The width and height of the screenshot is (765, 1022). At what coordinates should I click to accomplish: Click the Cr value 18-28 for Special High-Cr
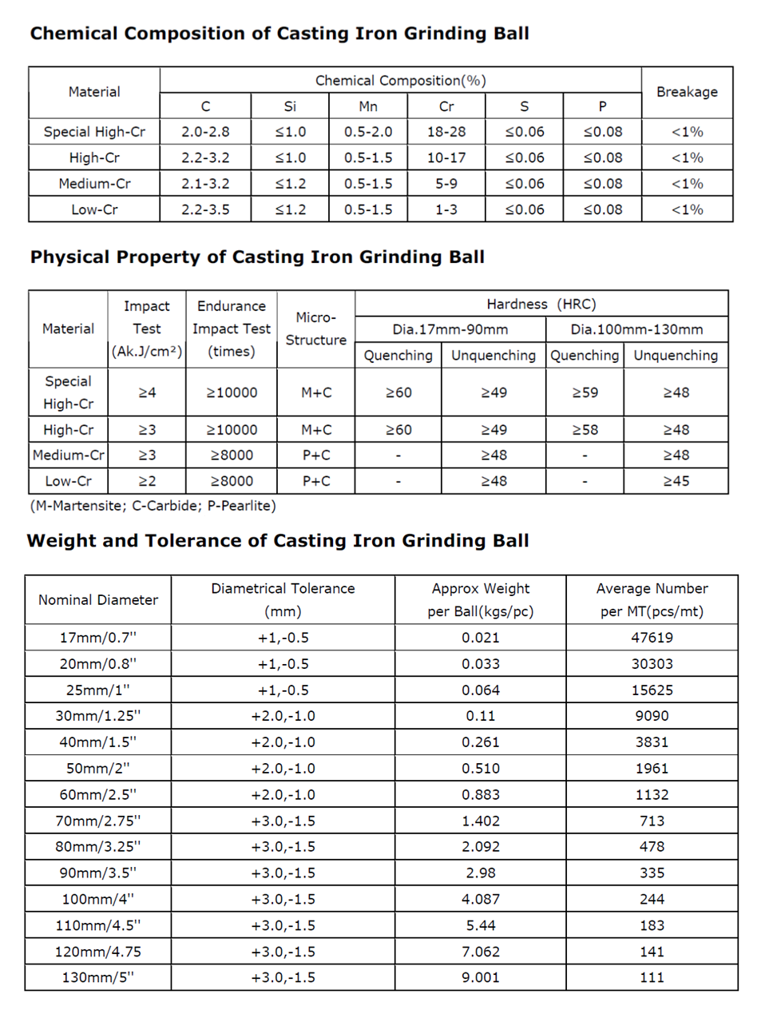[x=446, y=132]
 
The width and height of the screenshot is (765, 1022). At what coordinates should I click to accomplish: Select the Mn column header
[x=368, y=106]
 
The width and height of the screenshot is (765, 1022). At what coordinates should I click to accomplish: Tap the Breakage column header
[x=687, y=92]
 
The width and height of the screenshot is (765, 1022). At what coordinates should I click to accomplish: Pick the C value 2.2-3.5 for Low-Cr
[x=205, y=209]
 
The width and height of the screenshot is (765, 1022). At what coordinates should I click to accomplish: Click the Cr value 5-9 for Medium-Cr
[x=446, y=184]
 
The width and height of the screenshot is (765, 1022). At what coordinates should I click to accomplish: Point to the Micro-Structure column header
[x=316, y=328]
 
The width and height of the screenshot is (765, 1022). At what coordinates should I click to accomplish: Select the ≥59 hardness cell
[x=585, y=392]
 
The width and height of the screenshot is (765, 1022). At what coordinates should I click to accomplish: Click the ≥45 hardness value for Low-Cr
[x=676, y=481]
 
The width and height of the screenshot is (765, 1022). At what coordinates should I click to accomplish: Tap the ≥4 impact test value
[x=147, y=392]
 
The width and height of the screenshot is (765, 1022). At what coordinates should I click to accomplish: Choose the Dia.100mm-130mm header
[x=636, y=329]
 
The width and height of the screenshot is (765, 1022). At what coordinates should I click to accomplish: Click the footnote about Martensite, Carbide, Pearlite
[x=153, y=506]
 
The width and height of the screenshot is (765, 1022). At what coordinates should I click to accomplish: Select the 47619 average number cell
[x=652, y=638]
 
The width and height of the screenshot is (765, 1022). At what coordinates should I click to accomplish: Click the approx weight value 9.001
[x=481, y=977]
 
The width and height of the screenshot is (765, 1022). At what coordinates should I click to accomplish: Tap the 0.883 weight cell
[x=481, y=795]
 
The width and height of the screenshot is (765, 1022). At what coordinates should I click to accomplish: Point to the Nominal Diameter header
[x=98, y=600]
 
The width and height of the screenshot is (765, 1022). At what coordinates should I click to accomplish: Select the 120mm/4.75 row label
[x=98, y=952]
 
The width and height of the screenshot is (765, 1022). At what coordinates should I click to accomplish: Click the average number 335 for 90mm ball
[x=652, y=873]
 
